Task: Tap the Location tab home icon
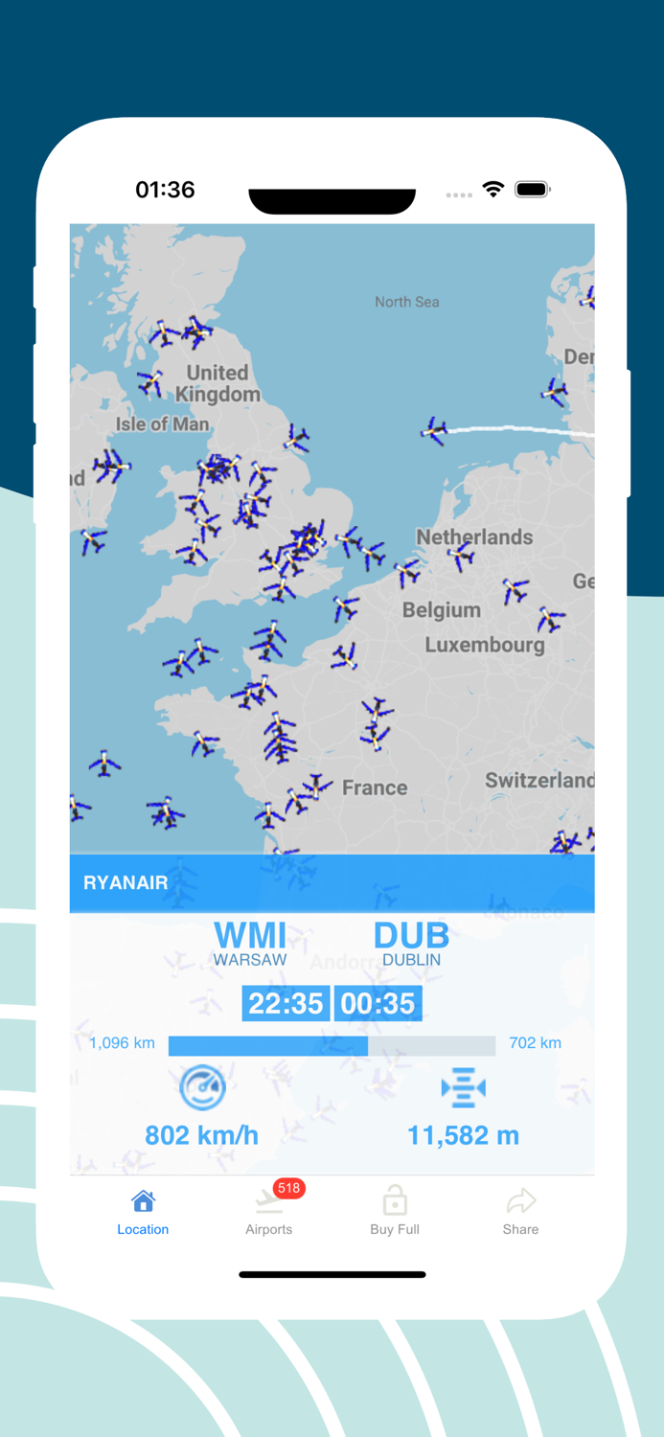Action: click(143, 1201)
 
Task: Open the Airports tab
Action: click(268, 1213)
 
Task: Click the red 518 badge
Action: click(288, 1188)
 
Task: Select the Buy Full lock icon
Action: click(395, 1200)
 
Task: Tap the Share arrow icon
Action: click(520, 1201)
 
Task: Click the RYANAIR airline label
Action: click(126, 883)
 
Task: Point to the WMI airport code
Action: click(250, 936)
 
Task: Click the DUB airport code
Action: click(411, 936)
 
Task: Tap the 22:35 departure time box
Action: click(286, 1003)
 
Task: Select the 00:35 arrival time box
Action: click(378, 1003)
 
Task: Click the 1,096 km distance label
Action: click(122, 1043)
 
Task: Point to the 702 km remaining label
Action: click(535, 1043)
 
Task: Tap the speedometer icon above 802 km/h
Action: click(202, 1087)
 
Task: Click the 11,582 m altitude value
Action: click(463, 1136)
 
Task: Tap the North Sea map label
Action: click(407, 302)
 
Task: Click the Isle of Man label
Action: click(162, 423)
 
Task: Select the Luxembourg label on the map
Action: click(485, 645)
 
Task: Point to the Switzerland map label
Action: click(538, 781)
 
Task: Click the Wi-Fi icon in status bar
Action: click(493, 190)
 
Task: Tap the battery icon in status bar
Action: click(531, 190)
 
